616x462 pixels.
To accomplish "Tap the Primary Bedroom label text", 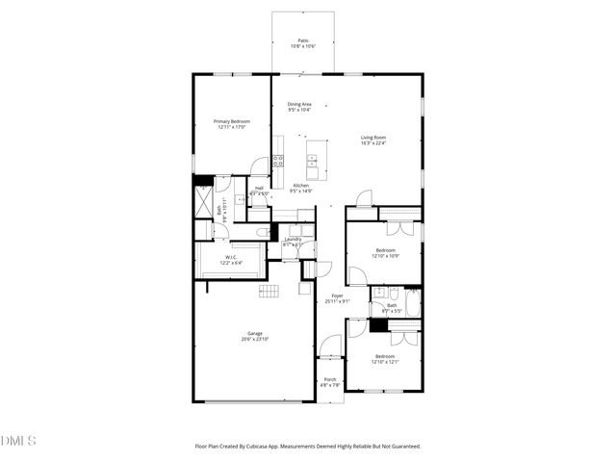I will (231, 120).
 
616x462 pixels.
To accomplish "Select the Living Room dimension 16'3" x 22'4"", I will (373, 143).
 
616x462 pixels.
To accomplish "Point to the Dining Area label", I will (299, 104).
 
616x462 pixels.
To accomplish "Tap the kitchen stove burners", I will (277, 161).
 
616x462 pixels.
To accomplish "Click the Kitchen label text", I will (300, 185).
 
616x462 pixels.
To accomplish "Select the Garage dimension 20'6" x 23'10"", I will (255, 340).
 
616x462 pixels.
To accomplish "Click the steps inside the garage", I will (269, 292).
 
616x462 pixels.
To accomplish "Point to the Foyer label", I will (337, 295).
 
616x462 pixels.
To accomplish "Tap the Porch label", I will (329, 379).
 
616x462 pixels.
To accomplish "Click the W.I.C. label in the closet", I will (232, 256).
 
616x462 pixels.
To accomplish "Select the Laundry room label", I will (294, 239).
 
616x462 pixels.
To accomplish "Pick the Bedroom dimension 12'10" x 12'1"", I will (385, 362).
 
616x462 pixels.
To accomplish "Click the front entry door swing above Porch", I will (330, 345).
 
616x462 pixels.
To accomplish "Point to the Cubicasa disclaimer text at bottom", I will (308, 446).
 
